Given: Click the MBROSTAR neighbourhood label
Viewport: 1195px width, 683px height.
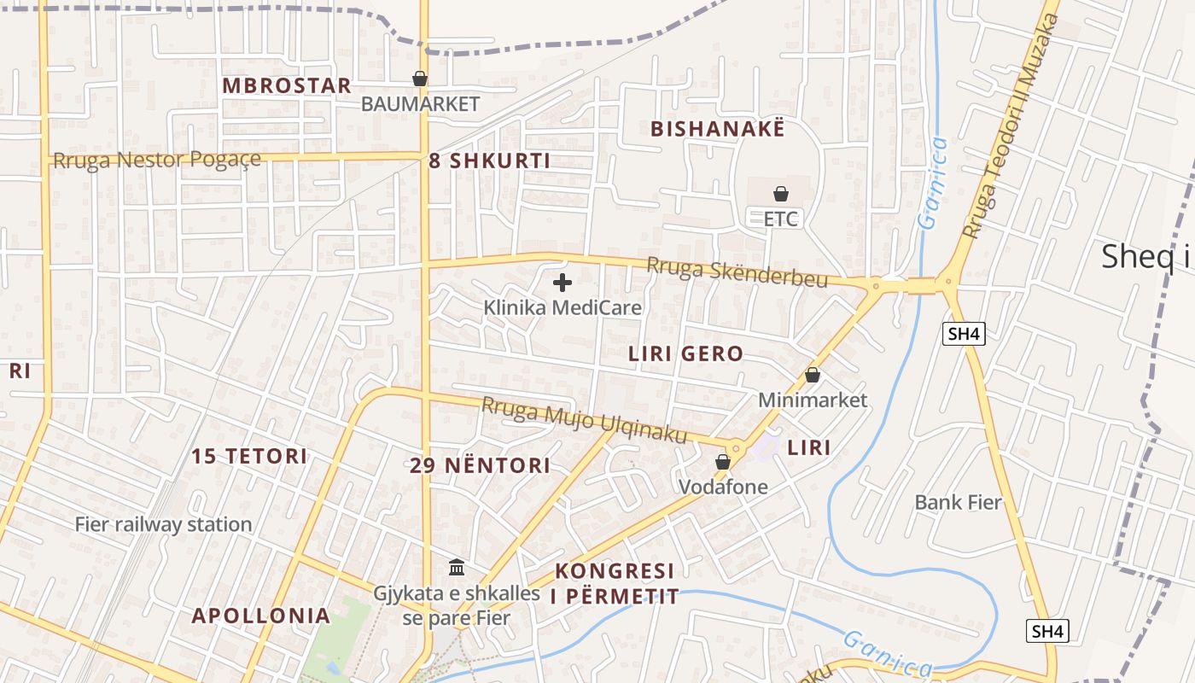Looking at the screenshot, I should [287, 86].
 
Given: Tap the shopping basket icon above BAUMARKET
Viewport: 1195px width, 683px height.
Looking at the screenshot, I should [420, 79].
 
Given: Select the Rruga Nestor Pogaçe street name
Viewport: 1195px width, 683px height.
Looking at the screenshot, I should [157, 160].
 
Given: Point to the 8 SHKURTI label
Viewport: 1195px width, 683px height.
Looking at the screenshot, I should [489, 161].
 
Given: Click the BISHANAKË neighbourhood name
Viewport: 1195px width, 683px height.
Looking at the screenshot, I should [717, 129].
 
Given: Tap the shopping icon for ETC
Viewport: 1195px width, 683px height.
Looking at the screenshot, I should [780, 195].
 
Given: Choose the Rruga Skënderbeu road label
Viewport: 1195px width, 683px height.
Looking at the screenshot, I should [737, 271].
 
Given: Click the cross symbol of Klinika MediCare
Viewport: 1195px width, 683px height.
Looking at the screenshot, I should [563, 283].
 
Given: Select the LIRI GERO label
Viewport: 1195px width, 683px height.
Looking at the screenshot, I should [685, 354].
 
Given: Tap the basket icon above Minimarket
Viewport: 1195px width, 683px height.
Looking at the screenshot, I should [813, 376].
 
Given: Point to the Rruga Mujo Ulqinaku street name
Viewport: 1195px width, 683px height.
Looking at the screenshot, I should [585, 421].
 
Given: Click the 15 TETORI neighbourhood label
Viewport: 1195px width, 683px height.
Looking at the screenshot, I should [249, 456].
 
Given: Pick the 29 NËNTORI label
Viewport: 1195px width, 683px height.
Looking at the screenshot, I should [480, 466].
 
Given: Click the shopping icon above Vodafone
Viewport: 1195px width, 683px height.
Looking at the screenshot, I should [723, 463].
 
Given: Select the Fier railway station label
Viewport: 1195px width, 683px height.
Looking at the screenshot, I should [164, 524].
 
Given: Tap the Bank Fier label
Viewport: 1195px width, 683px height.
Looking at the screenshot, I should [958, 502].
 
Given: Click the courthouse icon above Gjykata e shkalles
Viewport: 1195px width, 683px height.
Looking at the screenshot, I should [457, 568].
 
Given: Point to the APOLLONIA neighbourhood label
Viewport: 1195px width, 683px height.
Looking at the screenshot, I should [260, 616].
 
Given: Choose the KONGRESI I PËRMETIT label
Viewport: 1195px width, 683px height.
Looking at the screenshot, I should [615, 584].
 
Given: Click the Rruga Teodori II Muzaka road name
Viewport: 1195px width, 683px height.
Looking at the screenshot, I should [1011, 126].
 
